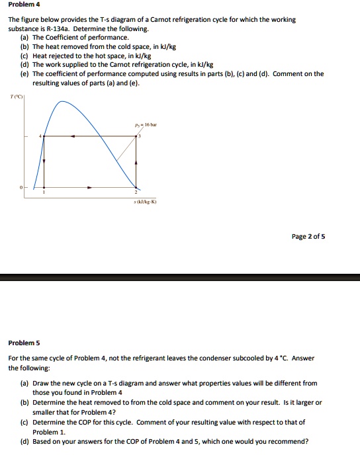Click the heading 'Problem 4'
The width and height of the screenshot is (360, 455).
24,4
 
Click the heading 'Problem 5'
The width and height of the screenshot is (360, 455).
24,343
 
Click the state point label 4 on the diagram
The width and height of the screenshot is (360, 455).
40,136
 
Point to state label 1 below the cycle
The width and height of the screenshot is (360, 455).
44,192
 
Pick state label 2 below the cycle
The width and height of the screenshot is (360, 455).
137,192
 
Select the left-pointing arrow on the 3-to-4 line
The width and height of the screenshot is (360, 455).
72,136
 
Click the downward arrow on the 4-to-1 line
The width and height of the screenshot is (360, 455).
44,161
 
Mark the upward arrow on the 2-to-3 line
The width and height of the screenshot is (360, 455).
137,163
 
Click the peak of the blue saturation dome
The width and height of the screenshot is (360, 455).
62,101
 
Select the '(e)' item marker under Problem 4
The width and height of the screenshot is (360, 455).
24,73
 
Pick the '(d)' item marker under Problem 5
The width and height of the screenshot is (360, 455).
24,442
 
